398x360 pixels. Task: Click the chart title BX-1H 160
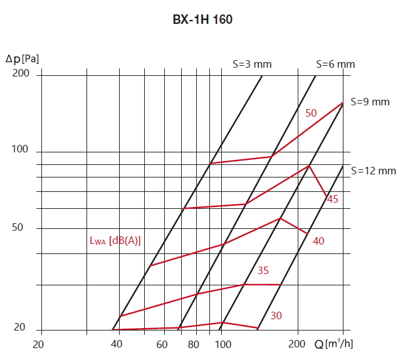tap(202, 19)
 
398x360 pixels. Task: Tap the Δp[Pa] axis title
tap(22, 60)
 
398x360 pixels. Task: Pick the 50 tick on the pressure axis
tap(17, 227)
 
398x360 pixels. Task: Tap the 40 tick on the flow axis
tap(117, 344)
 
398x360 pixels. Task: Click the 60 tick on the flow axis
tap(162, 344)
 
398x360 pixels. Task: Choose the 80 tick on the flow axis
tap(193, 344)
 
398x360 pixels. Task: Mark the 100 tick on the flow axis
tap(223, 344)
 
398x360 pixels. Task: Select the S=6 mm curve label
tap(335, 64)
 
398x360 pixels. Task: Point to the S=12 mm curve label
tap(374, 170)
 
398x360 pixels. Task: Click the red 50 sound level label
tap(312, 113)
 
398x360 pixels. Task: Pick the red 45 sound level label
tap(333, 199)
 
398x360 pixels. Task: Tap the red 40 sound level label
tap(318, 241)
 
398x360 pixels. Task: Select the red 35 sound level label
tap(263, 270)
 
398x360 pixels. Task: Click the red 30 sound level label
tap(276, 315)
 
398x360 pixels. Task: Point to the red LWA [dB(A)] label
tap(115, 240)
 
